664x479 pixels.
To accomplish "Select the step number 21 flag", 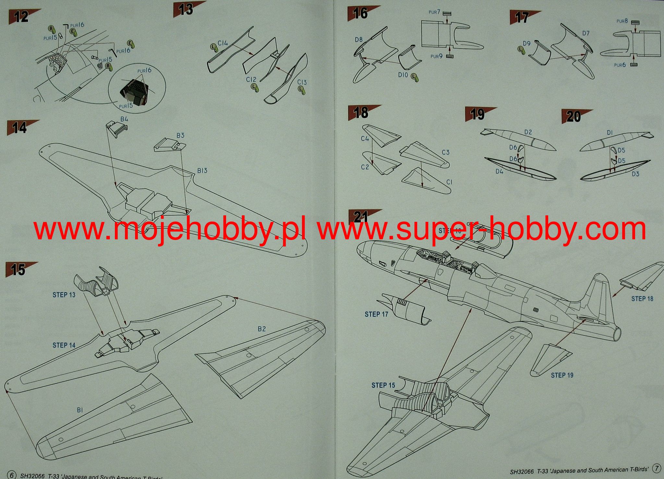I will (x=360, y=217).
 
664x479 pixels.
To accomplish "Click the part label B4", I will (x=124, y=119).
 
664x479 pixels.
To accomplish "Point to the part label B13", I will (x=202, y=171).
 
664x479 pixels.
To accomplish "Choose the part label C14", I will (x=223, y=43).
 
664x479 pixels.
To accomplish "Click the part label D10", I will (x=403, y=75).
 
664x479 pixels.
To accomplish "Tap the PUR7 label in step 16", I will (x=434, y=12).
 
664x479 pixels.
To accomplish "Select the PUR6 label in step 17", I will (x=620, y=65).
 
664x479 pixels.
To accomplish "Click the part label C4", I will (x=365, y=139).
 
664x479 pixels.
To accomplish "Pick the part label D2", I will (x=528, y=132).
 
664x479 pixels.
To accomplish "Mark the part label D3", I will (x=635, y=174).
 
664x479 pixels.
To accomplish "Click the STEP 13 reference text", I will (x=64, y=295).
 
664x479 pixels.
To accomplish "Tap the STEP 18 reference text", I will (x=642, y=298).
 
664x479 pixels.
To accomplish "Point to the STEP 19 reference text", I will (x=562, y=375).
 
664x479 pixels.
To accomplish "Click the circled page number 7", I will (x=657, y=469).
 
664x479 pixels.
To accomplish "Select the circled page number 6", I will (x=11, y=475).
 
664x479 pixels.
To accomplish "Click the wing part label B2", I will (x=262, y=329).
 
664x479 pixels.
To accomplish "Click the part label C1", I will (x=449, y=182).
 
